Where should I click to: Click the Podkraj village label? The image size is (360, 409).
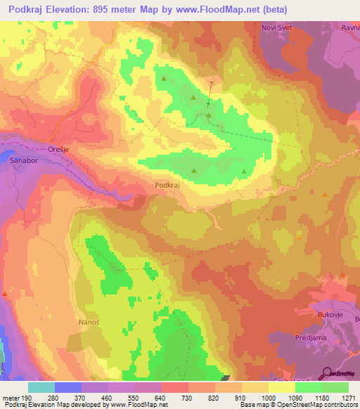(168, 185)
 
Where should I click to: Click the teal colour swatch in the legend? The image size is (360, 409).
(41, 387)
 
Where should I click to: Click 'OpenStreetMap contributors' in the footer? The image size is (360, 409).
(321, 405)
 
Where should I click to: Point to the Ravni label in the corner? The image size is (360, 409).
(349, 29)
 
